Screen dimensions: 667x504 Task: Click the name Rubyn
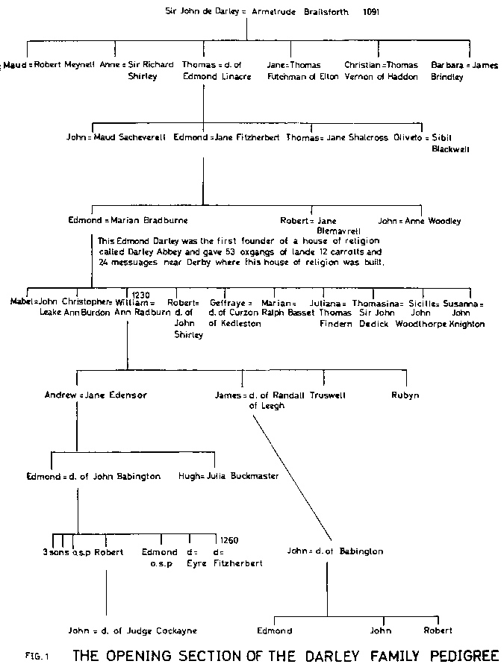405,395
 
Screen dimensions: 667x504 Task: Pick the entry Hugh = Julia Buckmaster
228,475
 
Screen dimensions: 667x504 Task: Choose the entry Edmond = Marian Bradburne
128,221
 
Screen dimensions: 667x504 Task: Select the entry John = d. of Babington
335,551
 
